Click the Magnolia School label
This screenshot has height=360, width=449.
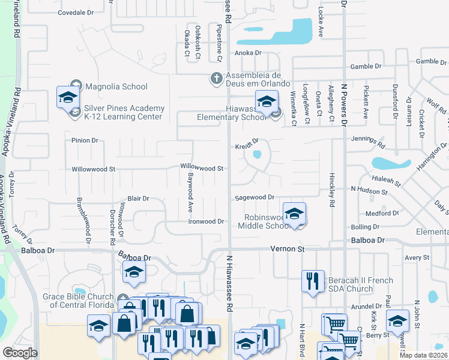(x=116, y=86)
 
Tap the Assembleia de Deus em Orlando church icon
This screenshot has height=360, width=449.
(x=216, y=78)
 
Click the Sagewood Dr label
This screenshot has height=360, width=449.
(x=254, y=197)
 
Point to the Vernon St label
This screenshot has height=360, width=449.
(x=288, y=248)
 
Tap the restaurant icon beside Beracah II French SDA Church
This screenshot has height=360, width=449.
(x=312, y=283)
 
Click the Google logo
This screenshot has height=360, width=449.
(x=20, y=353)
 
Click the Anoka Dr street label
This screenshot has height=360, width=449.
(x=249, y=53)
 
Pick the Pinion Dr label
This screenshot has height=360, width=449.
(x=84, y=140)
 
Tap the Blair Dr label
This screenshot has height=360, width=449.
(x=138, y=198)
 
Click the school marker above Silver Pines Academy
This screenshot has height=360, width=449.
(x=68, y=97)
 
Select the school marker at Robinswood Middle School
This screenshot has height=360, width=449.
(x=295, y=214)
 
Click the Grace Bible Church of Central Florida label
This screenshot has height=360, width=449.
(x=78, y=301)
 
